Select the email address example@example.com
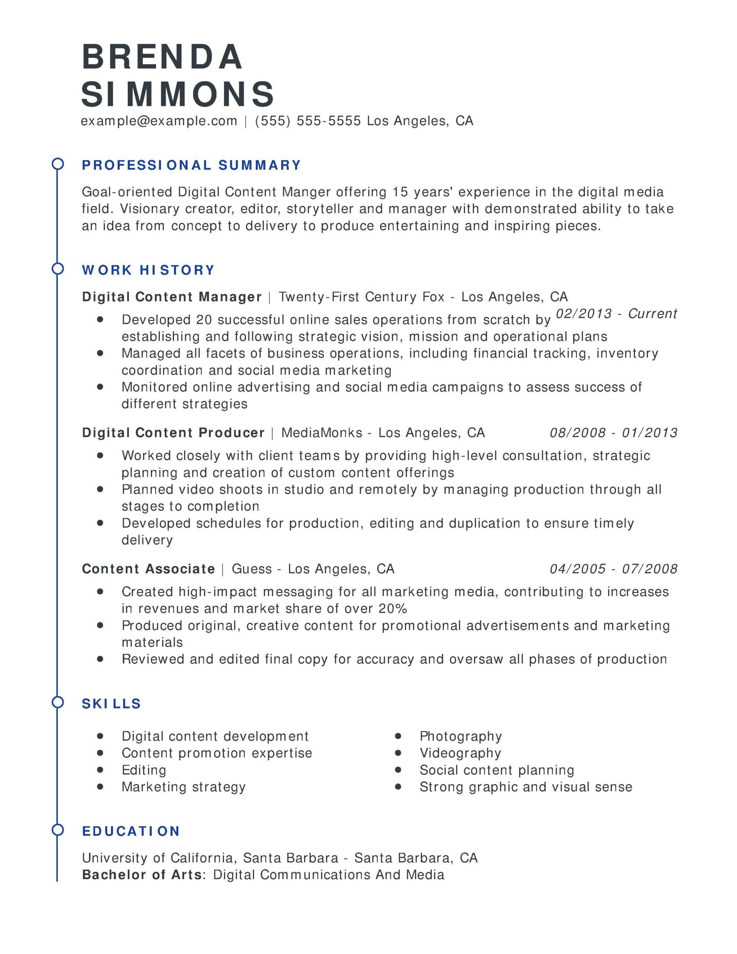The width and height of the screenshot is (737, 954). click(x=159, y=121)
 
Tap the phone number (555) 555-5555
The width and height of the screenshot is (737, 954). click(x=308, y=121)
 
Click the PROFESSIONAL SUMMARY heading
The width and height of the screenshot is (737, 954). click(x=192, y=165)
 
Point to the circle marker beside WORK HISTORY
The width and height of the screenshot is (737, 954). click(x=58, y=269)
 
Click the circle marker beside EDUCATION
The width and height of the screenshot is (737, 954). click(x=58, y=830)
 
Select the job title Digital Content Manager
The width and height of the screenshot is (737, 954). click(x=172, y=297)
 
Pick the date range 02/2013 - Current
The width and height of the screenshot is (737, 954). click(x=616, y=314)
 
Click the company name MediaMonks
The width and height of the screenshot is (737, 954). click(x=322, y=433)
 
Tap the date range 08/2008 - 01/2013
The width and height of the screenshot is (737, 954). click(x=613, y=433)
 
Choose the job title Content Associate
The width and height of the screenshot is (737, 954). click(x=149, y=569)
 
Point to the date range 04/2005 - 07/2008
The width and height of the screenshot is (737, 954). click(x=613, y=569)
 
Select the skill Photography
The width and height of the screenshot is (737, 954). click(x=461, y=736)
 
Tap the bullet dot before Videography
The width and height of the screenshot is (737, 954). click(x=398, y=753)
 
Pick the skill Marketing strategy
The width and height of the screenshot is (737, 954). click(x=183, y=787)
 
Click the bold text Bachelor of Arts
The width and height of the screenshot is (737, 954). click(x=142, y=875)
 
